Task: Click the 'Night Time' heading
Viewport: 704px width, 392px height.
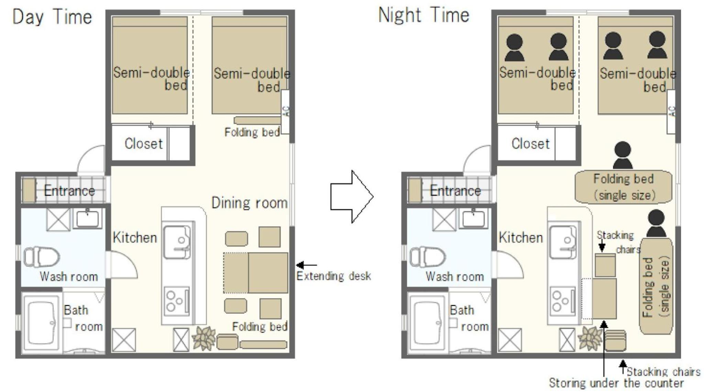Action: coord(424,15)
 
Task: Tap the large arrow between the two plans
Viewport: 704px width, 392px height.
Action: coord(352,197)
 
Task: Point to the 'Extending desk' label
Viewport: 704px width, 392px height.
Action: coord(333,276)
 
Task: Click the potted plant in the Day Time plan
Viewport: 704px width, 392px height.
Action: coord(204,338)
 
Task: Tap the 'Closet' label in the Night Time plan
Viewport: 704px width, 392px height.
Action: coord(530,144)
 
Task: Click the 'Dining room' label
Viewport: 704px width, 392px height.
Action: coord(250,203)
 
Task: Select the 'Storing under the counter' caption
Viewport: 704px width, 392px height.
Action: coord(616,383)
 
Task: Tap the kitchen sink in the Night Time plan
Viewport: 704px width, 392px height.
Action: coord(563,242)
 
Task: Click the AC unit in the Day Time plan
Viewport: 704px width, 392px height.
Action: coord(285,112)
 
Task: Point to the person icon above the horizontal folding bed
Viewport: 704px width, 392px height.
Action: coord(623,156)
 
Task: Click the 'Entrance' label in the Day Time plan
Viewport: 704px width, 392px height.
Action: coord(69,191)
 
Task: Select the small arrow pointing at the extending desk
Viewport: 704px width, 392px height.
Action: coord(306,265)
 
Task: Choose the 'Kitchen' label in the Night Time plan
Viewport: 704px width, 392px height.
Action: coord(521,237)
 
